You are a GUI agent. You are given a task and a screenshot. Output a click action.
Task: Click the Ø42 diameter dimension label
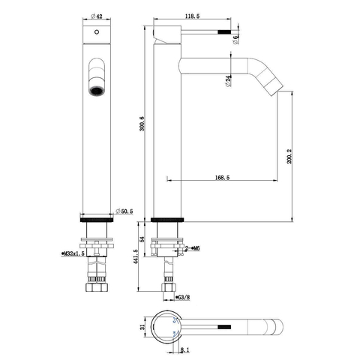tap(97, 16)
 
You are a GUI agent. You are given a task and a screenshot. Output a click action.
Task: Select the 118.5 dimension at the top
tap(192, 16)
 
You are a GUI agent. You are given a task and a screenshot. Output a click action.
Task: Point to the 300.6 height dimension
tap(142, 124)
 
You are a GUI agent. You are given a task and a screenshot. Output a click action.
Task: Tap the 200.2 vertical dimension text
tap(289, 156)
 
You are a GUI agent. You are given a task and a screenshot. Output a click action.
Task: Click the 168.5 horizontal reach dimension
tap(222, 178)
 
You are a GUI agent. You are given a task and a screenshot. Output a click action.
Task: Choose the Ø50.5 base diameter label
tap(124, 211)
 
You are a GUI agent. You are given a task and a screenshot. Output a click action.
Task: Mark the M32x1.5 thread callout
tap(73, 253)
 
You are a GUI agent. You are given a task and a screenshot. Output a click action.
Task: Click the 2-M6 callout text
tap(192, 248)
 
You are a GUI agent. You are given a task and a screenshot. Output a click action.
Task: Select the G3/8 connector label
tap(183, 297)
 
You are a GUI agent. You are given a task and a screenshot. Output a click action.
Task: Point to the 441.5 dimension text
tap(136, 256)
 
